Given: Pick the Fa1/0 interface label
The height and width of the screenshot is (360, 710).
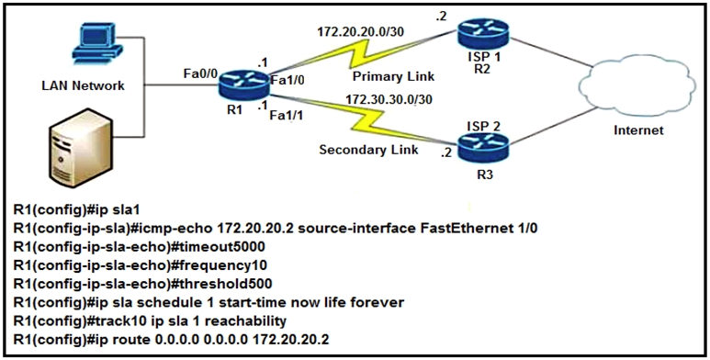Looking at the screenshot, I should pos(287,81).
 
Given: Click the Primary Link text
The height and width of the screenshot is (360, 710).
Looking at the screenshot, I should pos(393,76).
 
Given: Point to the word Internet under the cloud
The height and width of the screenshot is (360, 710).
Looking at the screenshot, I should pos(637,130).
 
